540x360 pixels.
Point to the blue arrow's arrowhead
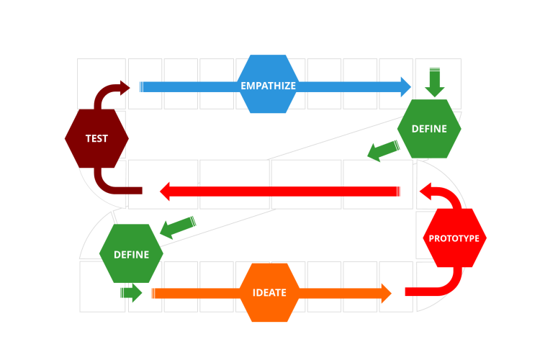point(404,87)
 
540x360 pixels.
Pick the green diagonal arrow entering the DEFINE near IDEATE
point(176,227)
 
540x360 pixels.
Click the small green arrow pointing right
point(132,292)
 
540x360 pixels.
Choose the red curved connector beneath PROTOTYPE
point(439,286)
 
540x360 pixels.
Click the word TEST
point(96,138)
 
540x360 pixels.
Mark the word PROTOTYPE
point(454,238)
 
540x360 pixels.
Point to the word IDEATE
point(269,293)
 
